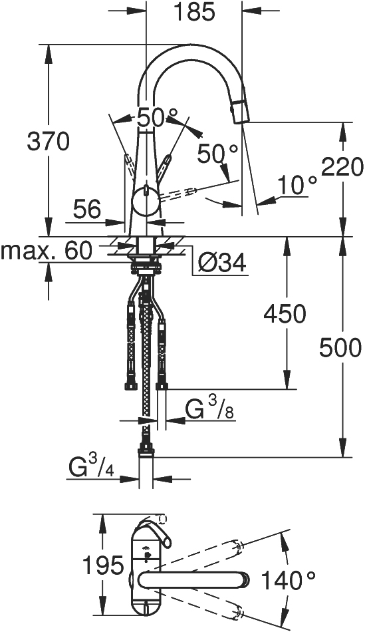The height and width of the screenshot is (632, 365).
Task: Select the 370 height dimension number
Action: click(49, 142)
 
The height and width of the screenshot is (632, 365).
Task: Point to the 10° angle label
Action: click(297, 185)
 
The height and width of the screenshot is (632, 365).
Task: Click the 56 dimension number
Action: click(86, 210)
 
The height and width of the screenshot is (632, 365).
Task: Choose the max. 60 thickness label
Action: click(47, 251)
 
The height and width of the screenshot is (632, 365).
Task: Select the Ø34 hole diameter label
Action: click(222, 264)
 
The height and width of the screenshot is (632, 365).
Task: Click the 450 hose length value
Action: click(285, 314)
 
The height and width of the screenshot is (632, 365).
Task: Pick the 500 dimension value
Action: click(341, 348)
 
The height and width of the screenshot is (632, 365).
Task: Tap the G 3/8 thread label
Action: click(210, 408)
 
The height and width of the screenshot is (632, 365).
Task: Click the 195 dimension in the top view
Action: click(103, 565)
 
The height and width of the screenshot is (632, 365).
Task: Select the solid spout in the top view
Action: click(193, 580)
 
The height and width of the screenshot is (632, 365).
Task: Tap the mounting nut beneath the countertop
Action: click(146, 267)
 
